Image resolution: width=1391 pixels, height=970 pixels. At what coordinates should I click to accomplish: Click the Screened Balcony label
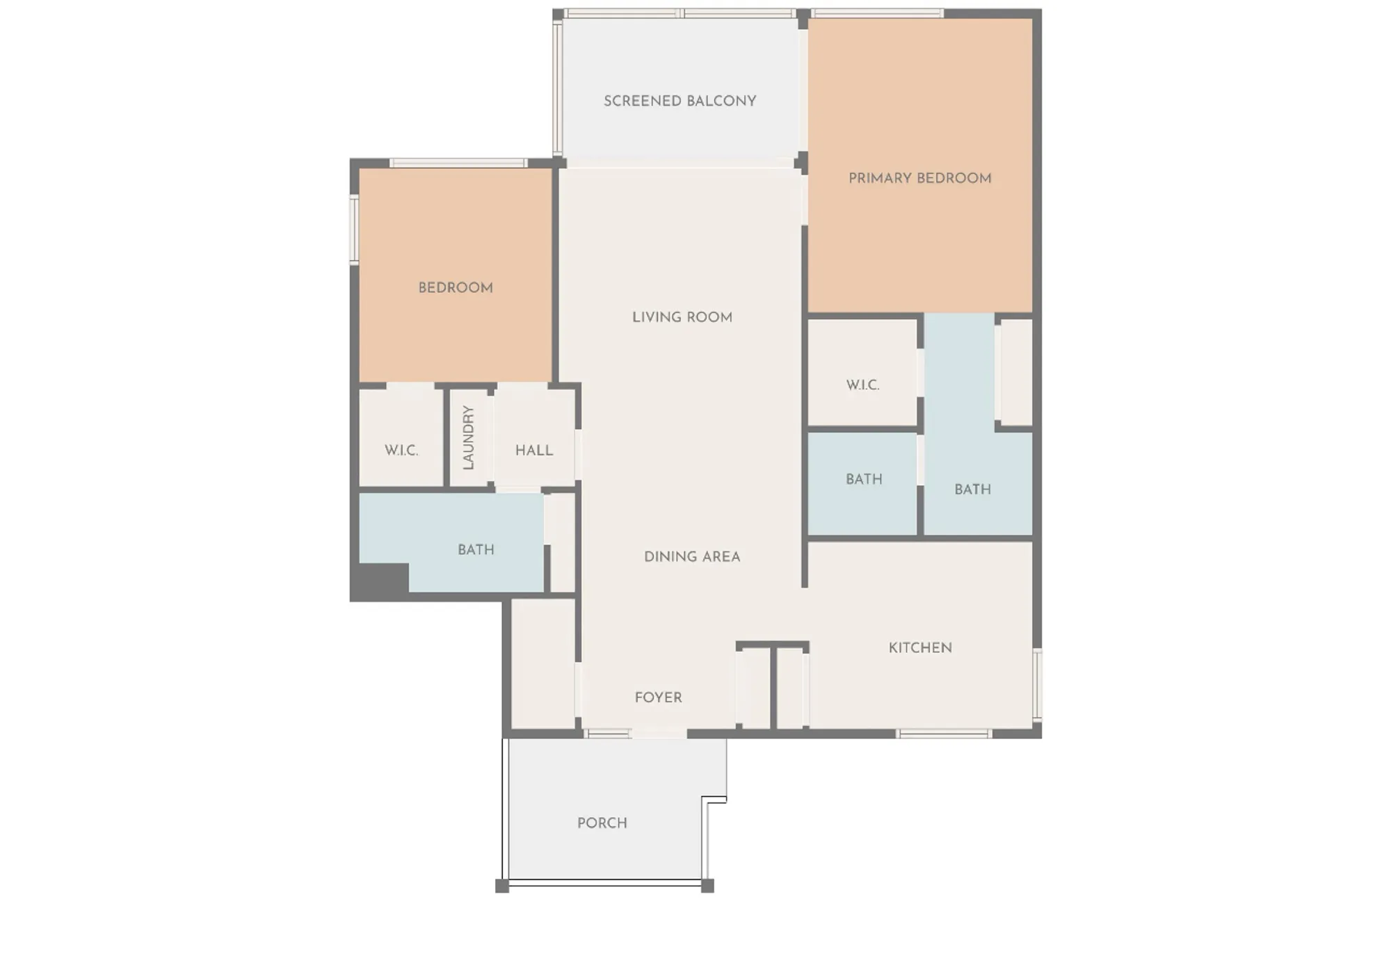click(x=680, y=102)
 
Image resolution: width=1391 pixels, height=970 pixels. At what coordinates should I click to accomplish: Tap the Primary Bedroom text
click(x=919, y=179)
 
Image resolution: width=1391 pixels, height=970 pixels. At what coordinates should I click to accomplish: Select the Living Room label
click(x=682, y=318)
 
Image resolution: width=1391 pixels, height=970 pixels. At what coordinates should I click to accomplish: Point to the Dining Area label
click(x=691, y=557)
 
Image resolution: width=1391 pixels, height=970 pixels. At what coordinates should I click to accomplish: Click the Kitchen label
click(x=919, y=648)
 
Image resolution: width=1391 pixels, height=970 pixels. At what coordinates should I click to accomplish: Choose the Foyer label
click(x=658, y=697)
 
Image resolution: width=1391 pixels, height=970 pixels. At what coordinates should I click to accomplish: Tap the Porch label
click(x=602, y=823)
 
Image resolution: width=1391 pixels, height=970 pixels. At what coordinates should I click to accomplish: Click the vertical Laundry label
click(x=469, y=437)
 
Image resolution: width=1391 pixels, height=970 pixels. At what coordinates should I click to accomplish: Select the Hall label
click(x=533, y=451)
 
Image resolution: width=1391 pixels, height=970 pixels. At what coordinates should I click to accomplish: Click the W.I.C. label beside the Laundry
click(x=401, y=451)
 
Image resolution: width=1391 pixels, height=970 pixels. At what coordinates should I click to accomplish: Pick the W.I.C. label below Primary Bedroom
click(x=862, y=385)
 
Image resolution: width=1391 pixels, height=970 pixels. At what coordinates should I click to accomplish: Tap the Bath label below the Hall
click(x=476, y=550)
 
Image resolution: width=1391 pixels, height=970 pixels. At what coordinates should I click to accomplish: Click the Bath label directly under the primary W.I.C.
click(x=863, y=480)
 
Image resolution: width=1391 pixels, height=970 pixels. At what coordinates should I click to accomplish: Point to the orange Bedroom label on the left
click(x=456, y=288)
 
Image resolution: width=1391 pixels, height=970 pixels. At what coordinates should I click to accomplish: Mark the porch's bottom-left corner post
click(x=502, y=886)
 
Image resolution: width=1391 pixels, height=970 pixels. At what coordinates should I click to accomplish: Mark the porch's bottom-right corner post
click(x=707, y=886)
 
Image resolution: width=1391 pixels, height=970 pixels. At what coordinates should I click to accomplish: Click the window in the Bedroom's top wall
click(x=458, y=163)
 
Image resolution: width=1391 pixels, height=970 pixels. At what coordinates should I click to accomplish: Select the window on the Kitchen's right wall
click(x=1037, y=684)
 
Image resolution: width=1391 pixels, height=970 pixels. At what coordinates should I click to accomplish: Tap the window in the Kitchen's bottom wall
click(x=944, y=734)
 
